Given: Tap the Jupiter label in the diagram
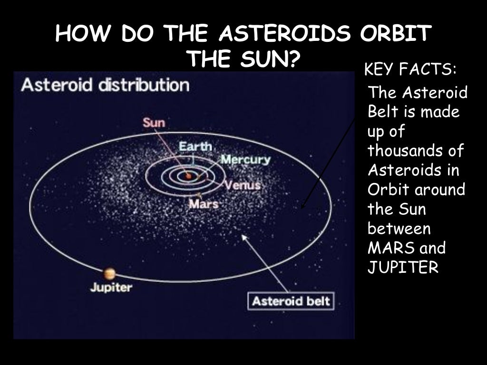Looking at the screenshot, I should [x=111, y=288].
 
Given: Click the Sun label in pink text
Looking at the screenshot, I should [x=154, y=123].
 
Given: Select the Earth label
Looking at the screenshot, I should [x=195, y=146].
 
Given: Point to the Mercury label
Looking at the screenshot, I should [x=245, y=160].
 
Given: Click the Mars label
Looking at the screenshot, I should [x=204, y=204].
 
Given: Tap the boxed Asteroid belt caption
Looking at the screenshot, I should [x=291, y=302].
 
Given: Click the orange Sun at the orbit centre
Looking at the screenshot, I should [x=188, y=176].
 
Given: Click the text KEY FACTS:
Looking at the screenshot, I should [x=410, y=71].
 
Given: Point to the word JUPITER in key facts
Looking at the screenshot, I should [x=402, y=268].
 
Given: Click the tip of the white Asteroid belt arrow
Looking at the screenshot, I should [x=244, y=236].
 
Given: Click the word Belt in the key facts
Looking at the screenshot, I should [x=380, y=112].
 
